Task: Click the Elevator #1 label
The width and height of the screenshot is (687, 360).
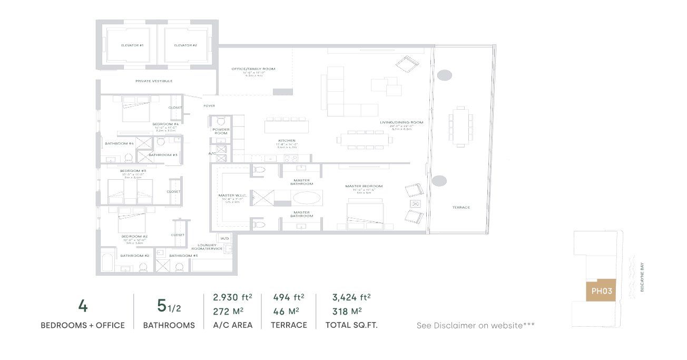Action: coord(132,45)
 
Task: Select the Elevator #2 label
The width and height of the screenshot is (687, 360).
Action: coord(185,45)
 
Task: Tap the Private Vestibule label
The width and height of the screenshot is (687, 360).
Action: coord(154,81)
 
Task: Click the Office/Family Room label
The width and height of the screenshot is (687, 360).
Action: coord(253,69)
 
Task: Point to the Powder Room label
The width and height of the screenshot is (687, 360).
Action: coord(220,131)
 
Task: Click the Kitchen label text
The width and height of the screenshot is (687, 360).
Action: coord(287,141)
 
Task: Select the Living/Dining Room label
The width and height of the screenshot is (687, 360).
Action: coord(401,122)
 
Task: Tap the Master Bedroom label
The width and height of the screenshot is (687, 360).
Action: coord(364,186)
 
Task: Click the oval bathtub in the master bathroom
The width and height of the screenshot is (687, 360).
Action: coord(309,198)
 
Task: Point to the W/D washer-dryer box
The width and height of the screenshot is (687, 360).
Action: coord(225,239)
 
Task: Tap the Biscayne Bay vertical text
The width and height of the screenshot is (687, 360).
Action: coord(642,279)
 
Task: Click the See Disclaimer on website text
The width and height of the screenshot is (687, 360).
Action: coord(475,326)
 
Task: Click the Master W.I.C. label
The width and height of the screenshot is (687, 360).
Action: coord(230,196)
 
